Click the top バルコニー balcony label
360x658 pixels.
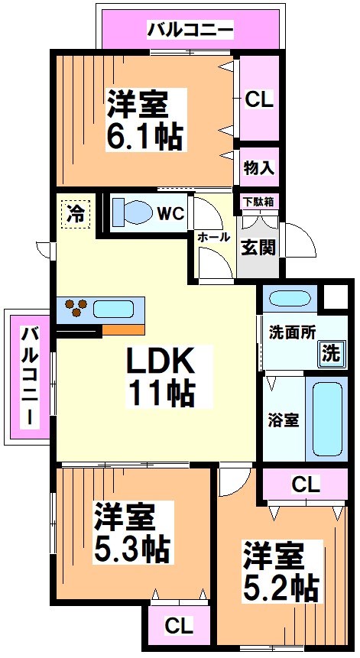coord(190,31)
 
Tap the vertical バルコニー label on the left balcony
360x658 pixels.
coord(28,376)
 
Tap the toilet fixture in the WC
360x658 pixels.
coord(134,211)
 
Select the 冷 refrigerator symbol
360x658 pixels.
coord(76,213)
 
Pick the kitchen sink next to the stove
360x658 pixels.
coord(114,310)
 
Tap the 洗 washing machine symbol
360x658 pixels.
coord(328,354)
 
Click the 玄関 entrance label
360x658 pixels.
coord(256,247)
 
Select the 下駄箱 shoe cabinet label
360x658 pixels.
coord(256,203)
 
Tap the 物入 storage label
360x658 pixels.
coord(258,167)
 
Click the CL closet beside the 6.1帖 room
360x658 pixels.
coord(258,99)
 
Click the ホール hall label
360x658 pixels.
coord(213,237)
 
